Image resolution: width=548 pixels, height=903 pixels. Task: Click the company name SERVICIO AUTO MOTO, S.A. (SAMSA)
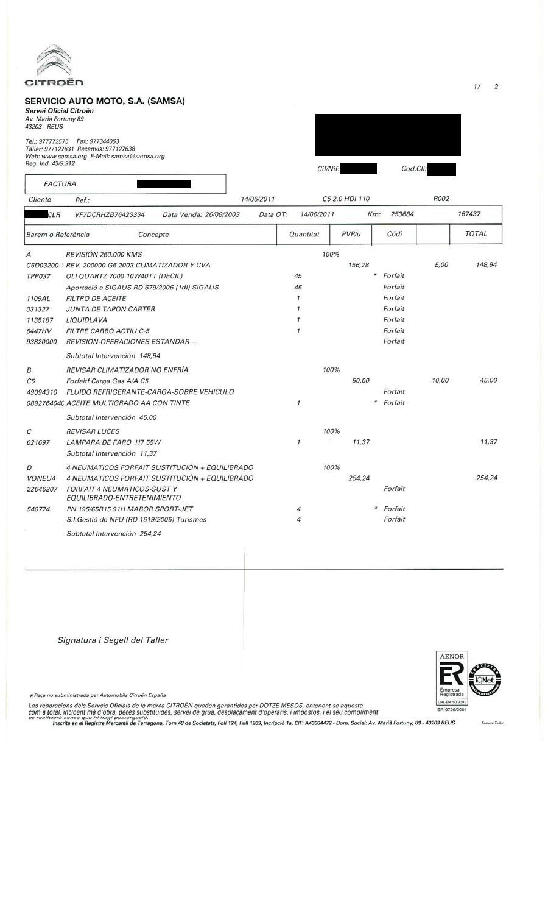pyautogui.click(x=105, y=101)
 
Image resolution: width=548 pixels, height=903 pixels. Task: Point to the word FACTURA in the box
pyautogui.click(x=60, y=184)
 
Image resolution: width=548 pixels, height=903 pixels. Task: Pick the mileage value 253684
pyautogui.click(x=402, y=214)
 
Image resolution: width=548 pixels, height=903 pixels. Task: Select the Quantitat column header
pyautogui.click(x=304, y=234)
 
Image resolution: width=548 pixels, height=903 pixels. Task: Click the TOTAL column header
pyautogui.click(x=476, y=233)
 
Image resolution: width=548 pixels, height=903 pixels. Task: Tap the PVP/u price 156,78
pyautogui.click(x=358, y=265)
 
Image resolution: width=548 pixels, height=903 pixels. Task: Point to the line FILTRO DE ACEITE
pyautogui.click(x=96, y=298)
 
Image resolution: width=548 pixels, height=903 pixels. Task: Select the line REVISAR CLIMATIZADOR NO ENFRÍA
pyautogui.click(x=127, y=370)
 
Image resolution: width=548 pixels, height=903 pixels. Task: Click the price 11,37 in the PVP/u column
pyautogui.click(x=360, y=442)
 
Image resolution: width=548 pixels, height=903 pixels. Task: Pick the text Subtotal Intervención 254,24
pyautogui.click(x=113, y=533)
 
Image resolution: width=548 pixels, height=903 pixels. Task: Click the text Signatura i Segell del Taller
pyautogui.click(x=113, y=640)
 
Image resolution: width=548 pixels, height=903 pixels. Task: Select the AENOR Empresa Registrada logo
pyautogui.click(x=452, y=678)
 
